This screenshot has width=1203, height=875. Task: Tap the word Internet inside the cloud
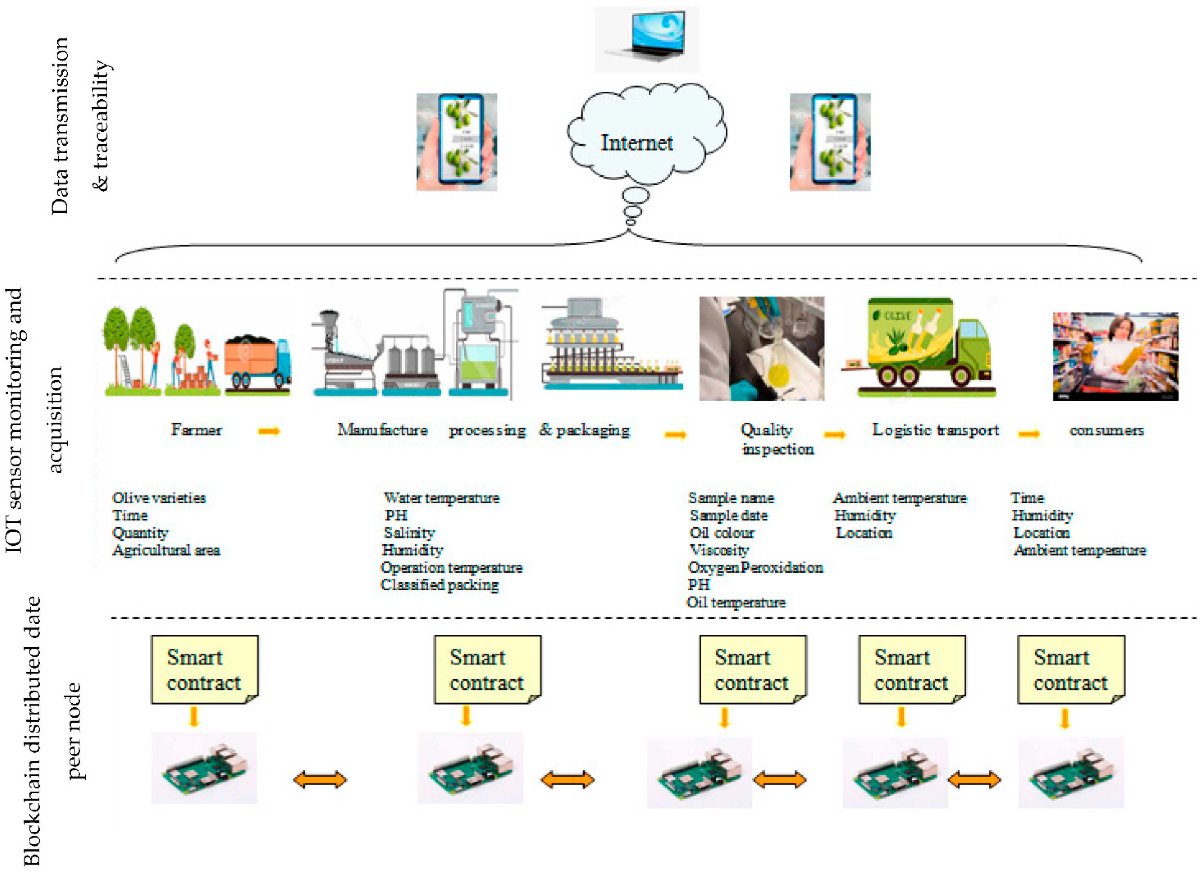pos(637,143)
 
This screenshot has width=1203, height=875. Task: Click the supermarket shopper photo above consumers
pos(1116,356)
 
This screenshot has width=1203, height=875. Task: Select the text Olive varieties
pos(159,498)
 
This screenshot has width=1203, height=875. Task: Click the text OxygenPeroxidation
pos(755,568)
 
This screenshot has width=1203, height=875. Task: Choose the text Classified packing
pos(440,585)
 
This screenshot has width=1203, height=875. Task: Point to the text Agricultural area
pos(166,550)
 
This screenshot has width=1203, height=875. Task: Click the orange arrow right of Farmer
pos(269,431)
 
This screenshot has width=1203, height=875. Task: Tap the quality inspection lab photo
pos(762,348)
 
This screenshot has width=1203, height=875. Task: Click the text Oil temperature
pos(736,602)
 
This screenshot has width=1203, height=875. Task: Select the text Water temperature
pos(441,498)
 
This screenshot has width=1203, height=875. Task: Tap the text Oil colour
pos(722,532)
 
